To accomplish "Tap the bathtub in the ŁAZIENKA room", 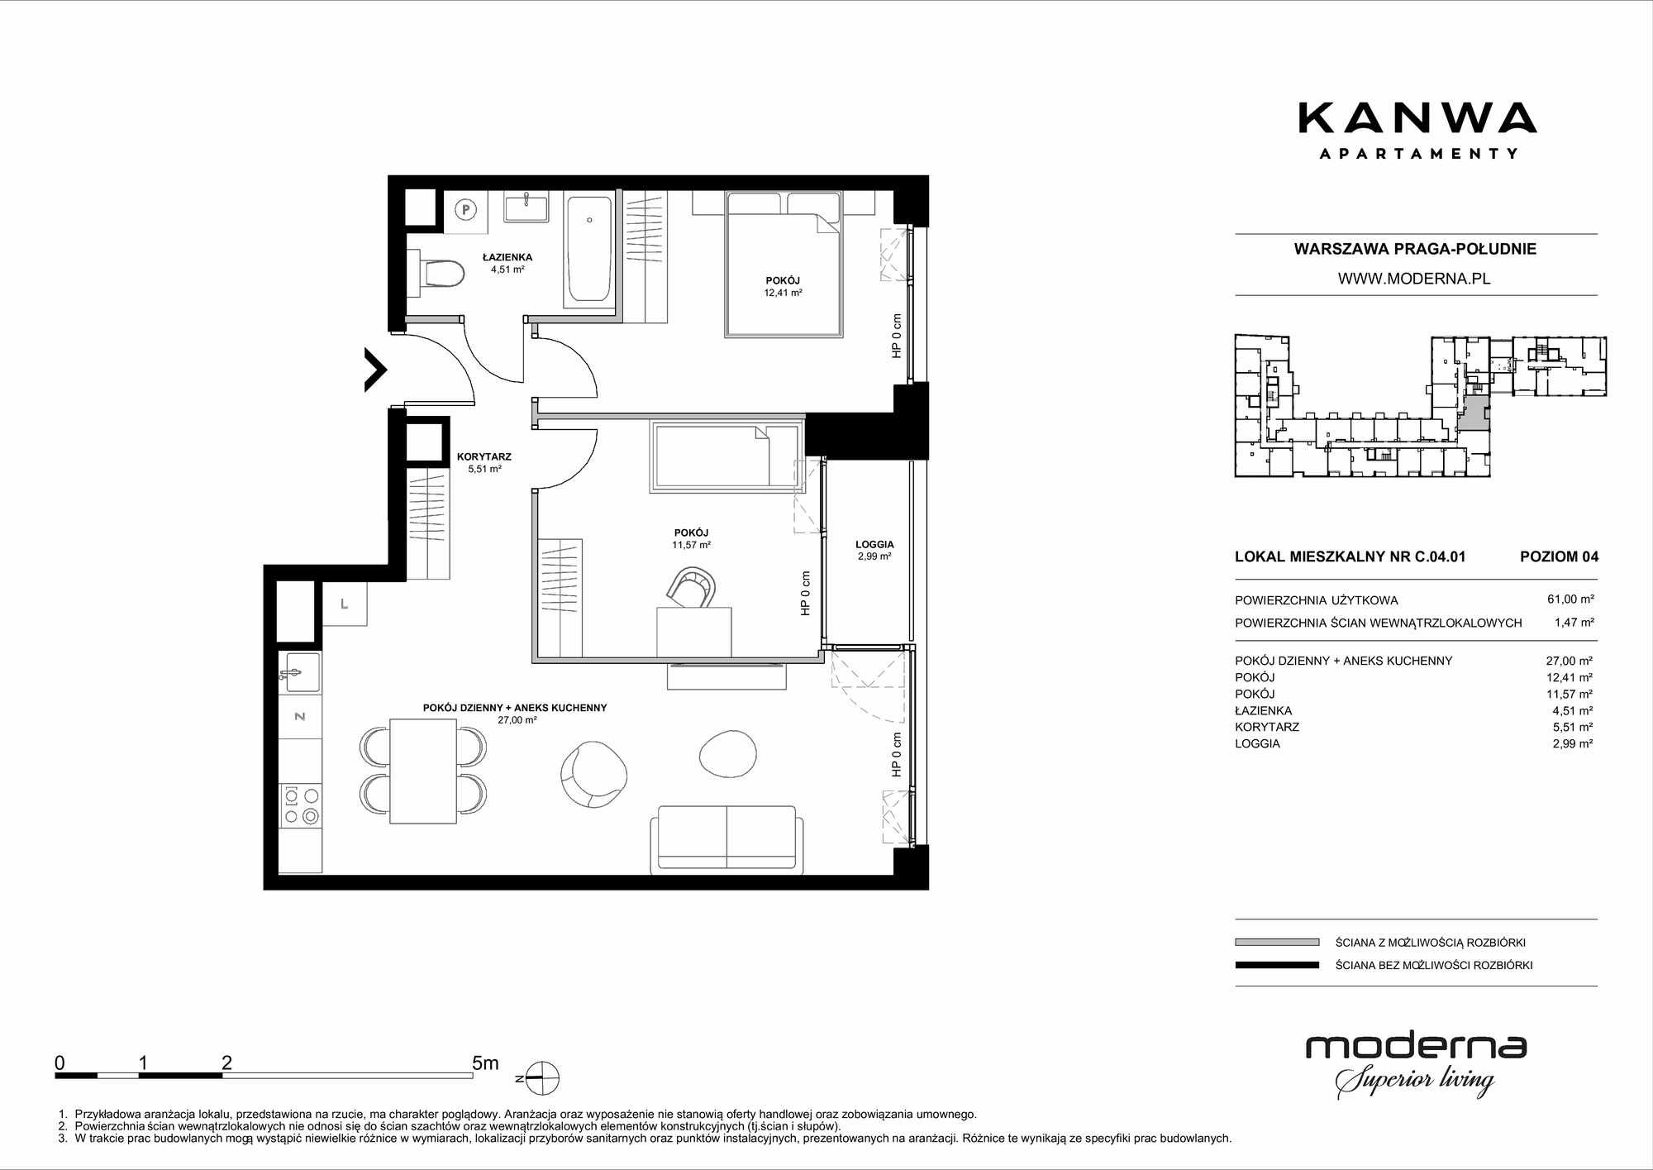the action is coord(588,247).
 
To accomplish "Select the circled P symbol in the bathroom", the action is coord(466,210).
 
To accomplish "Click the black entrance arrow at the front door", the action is coord(376,370).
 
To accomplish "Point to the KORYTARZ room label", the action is coord(484,456).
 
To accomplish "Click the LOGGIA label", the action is coord(874,544).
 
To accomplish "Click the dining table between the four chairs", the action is coord(422,771).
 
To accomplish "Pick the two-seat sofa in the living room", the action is coord(726,840).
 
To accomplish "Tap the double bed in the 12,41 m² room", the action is coord(784,265).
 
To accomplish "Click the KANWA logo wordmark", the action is coord(1417,118).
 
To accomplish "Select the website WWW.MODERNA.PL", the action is coord(1414,279).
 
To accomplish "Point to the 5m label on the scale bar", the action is coord(485,1063).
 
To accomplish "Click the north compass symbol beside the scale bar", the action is coord(541,1079).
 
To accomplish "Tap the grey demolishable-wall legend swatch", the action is coord(1277,942).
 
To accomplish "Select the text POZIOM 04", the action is coord(1559,556).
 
